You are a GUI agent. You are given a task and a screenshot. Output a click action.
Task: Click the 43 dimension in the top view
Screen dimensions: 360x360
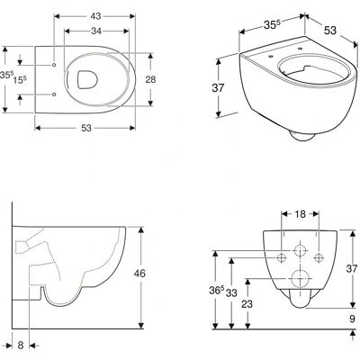pyautogui.click(x=95, y=16)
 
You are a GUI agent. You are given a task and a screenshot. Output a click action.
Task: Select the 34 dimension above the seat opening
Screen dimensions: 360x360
pyautogui.click(x=96, y=31)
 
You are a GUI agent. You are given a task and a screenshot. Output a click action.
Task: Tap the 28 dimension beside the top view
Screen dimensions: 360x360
pyautogui.click(x=150, y=79)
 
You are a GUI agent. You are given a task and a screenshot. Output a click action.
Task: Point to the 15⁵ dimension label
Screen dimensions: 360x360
pyautogui.click(x=20, y=79)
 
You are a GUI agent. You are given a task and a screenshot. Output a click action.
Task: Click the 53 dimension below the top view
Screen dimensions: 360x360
pyautogui.click(x=86, y=128)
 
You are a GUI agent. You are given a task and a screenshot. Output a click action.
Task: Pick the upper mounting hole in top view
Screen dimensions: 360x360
pyautogui.click(x=54, y=65)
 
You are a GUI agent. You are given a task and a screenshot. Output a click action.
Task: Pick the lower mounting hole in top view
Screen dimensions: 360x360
pyautogui.click(x=54, y=94)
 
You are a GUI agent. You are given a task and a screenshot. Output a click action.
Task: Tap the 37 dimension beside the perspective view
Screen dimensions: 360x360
pyautogui.click(x=218, y=88)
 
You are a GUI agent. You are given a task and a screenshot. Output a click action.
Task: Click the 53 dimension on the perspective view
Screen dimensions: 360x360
pyautogui.click(x=330, y=31)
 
